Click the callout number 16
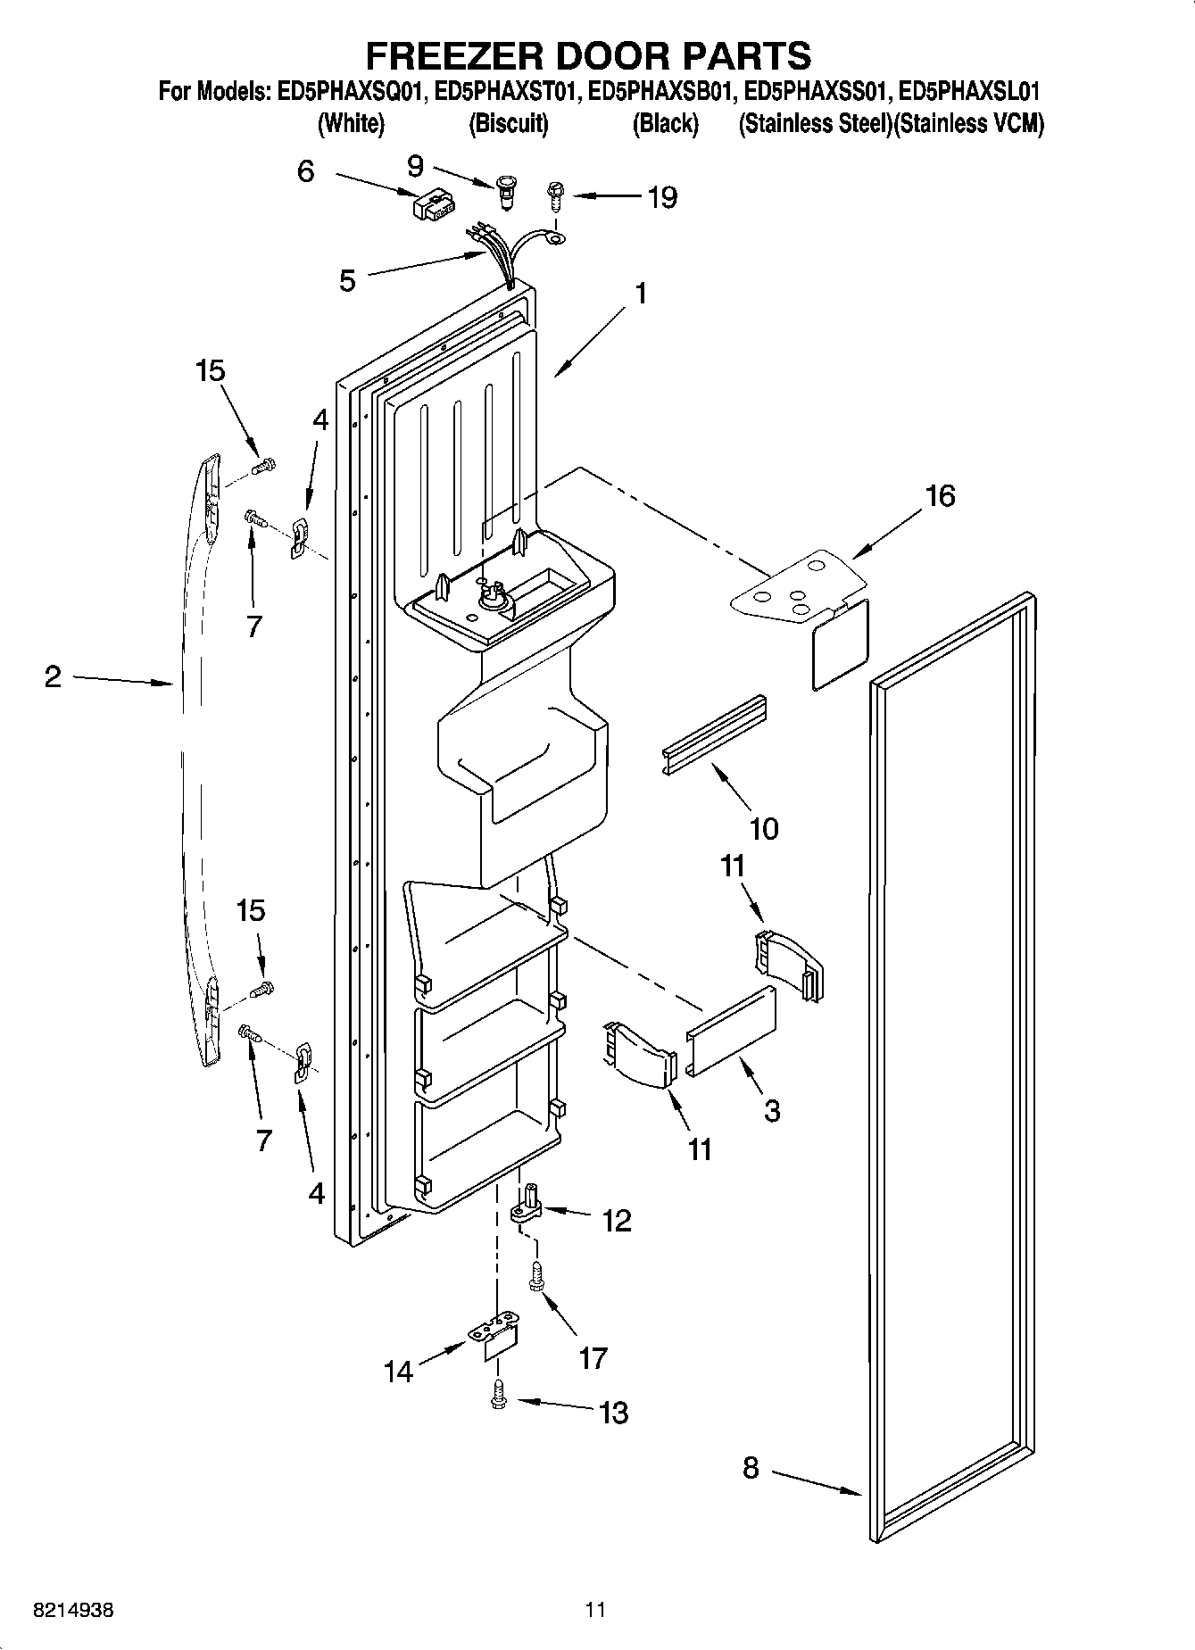click(x=939, y=495)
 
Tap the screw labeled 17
click(x=538, y=1275)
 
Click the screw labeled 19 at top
click(x=553, y=195)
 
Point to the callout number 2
click(x=54, y=677)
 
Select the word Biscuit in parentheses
click(x=508, y=124)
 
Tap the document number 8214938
click(x=73, y=1610)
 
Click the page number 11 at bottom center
click(x=595, y=1610)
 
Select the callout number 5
click(x=347, y=280)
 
